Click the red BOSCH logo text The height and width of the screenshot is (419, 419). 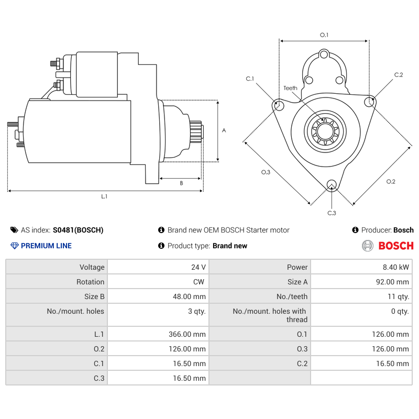395,246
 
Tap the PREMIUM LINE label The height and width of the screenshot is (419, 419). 46,246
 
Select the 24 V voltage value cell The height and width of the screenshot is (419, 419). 199,267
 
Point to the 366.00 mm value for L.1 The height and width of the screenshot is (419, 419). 189,334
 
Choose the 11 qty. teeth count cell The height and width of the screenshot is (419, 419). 398,296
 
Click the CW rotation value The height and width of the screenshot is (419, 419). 199,282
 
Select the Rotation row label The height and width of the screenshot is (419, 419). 90,282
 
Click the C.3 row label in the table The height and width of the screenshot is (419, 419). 98,378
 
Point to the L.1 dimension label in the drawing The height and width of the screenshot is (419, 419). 104,196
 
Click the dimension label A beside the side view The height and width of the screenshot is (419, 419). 224,130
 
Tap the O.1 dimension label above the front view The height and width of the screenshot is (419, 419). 324,35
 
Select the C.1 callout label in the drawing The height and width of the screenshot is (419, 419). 250,79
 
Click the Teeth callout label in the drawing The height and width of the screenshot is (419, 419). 290,88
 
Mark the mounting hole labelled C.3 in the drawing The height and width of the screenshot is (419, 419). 331,184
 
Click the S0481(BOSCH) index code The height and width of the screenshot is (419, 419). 78,230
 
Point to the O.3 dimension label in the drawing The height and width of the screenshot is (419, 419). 266,172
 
